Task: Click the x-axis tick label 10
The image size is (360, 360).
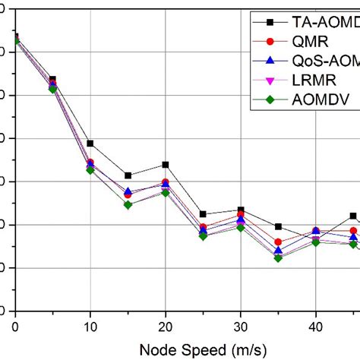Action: [90, 327]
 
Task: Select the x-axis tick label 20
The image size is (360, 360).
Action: [166, 327]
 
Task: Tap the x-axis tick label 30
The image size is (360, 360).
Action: [241, 327]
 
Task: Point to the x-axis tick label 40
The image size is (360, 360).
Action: [316, 327]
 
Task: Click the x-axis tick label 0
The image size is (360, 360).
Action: [15, 327]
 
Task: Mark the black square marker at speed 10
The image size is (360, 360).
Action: [90, 144]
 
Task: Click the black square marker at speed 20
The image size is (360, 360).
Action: [166, 165]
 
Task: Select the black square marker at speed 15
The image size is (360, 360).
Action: [128, 175]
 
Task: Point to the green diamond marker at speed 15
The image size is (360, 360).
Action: [128, 204]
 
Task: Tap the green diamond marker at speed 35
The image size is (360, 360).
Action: [278, 258]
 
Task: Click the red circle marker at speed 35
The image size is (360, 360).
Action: [278, 242]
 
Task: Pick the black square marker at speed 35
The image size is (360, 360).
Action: [278, 226]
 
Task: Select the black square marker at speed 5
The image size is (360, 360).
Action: [52, 79]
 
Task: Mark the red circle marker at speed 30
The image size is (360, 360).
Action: [241, 216]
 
